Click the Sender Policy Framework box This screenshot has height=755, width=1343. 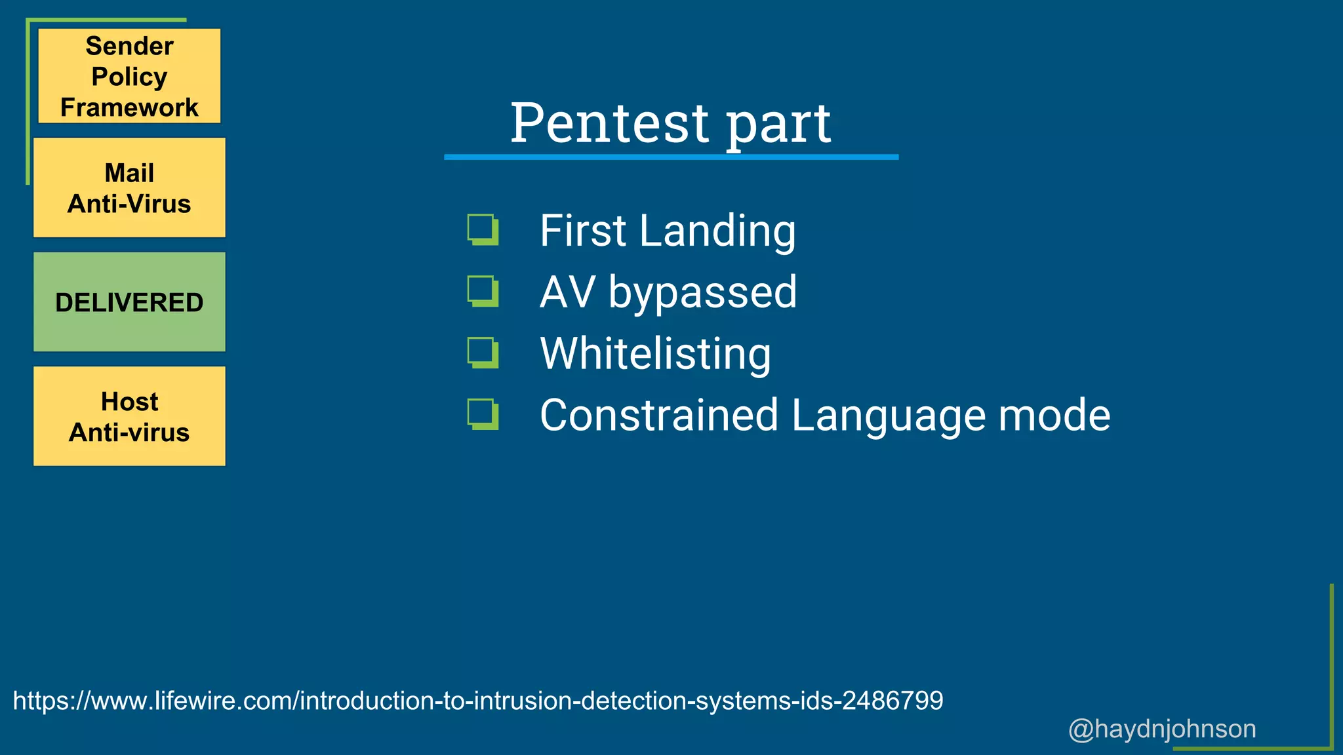129,75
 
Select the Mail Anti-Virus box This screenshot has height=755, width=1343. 129,187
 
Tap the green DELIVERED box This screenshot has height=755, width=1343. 129,302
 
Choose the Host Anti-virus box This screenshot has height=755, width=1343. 129,416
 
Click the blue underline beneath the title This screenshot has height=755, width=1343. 671,157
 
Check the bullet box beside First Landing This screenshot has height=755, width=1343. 483,229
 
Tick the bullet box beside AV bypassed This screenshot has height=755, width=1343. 483,291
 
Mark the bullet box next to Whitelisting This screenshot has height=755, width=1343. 483,353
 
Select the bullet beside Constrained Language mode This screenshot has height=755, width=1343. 483,414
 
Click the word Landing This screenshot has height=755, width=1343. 717,231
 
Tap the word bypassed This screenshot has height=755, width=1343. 702,292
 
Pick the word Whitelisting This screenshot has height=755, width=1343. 655,354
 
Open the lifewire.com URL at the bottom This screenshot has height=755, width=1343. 477,701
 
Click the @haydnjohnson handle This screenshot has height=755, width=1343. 1162,729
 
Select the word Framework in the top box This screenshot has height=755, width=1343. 129,107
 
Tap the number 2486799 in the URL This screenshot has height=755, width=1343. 892,701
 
